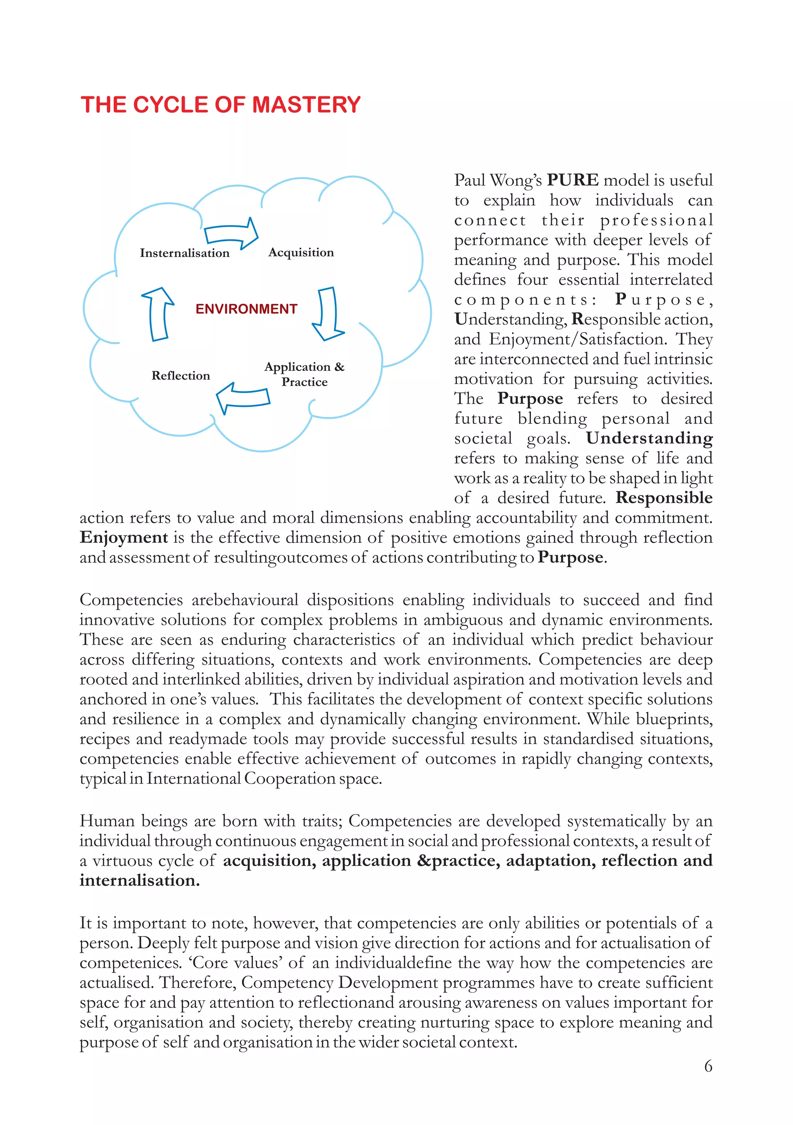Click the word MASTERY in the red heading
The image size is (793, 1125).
coord(306,105)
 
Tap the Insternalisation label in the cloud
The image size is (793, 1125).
coord(184,253)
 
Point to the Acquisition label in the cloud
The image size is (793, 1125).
coord(301,252)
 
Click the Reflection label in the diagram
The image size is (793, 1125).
coord(180,376)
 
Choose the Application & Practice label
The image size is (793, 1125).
coord(304,374)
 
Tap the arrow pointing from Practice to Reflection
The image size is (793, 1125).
coord(243,397)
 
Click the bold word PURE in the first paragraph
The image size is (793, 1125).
coord(572,180)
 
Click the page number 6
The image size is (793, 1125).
coord(708,1066)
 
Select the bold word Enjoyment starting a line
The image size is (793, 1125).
coord(124,537)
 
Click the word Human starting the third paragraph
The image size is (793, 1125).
coord(107,821)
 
